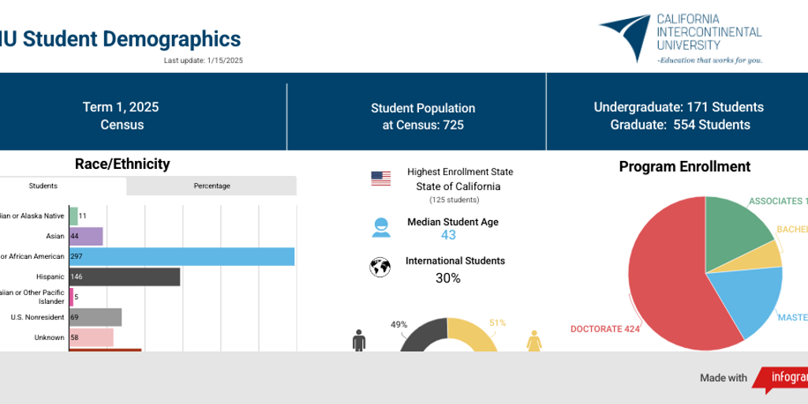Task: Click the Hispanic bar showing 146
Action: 125,277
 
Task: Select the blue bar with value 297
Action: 181,256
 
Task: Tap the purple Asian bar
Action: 86,236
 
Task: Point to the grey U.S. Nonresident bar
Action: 95,317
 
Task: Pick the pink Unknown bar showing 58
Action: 92,338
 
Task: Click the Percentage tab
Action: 211,186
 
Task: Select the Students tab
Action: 43,186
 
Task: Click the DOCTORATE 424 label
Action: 604,329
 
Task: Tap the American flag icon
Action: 381,178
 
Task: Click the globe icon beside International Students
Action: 380,267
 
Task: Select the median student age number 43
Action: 448,235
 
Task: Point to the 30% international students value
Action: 448,278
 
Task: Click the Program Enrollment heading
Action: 684,166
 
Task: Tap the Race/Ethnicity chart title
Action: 122,164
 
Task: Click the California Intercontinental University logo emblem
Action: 627,36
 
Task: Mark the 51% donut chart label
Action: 497,323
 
